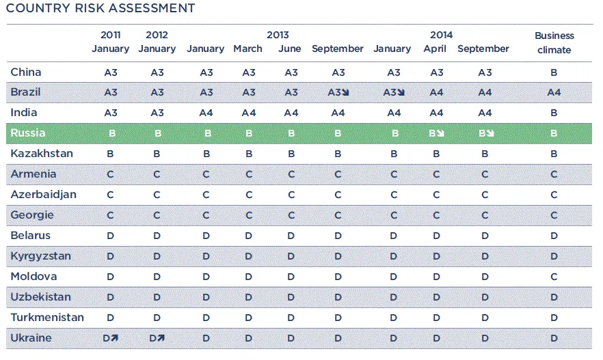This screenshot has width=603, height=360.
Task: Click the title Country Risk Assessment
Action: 100,8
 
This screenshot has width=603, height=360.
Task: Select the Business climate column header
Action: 554,42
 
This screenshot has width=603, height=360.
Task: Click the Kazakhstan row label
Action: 41,154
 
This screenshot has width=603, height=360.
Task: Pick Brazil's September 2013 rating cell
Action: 338,92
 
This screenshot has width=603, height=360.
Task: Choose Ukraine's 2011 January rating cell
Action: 111,338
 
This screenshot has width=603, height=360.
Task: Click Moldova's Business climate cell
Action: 554,277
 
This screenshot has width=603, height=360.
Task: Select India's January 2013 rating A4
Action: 206,113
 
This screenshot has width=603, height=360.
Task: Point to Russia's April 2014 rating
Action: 436,133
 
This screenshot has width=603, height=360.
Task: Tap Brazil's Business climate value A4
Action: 554,92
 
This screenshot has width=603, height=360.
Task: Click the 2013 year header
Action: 278,35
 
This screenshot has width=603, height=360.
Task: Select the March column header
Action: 247,49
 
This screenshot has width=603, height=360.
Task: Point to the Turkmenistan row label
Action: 47,318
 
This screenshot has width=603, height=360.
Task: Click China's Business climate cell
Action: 554,72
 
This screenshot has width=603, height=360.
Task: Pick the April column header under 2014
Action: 435,49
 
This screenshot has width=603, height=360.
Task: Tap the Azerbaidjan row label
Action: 44,195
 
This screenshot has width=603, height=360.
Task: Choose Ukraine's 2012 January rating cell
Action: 157,338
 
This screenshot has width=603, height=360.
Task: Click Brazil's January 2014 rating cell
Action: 394,92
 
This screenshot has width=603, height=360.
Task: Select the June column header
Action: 290,49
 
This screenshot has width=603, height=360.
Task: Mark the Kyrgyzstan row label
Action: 40,256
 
